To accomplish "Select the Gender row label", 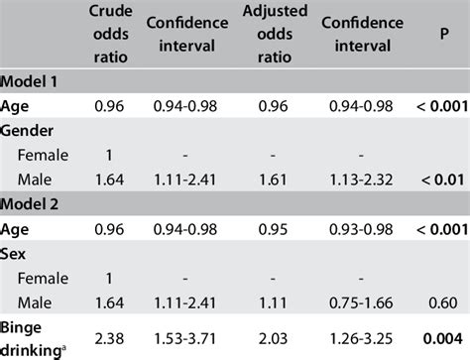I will coord(29,130).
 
